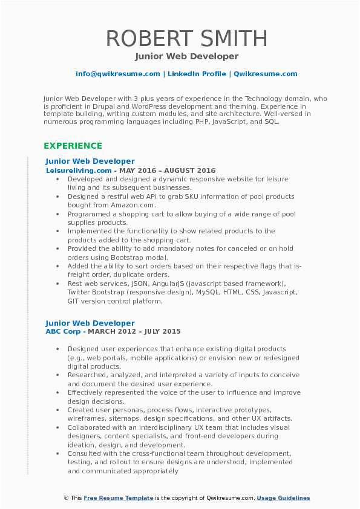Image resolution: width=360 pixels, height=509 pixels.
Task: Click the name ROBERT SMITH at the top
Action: coord(186,38)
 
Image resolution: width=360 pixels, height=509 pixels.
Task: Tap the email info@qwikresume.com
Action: coord(117,74)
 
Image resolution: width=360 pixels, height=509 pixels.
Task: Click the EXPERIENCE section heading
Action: coord(73,146)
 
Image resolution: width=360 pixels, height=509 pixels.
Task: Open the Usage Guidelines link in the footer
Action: coord(283,498)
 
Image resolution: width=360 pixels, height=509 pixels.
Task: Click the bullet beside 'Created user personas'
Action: coord(57,410)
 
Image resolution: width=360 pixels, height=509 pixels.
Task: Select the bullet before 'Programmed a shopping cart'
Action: coord(57,214)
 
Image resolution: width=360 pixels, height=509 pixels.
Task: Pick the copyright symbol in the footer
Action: coord(66,498)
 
